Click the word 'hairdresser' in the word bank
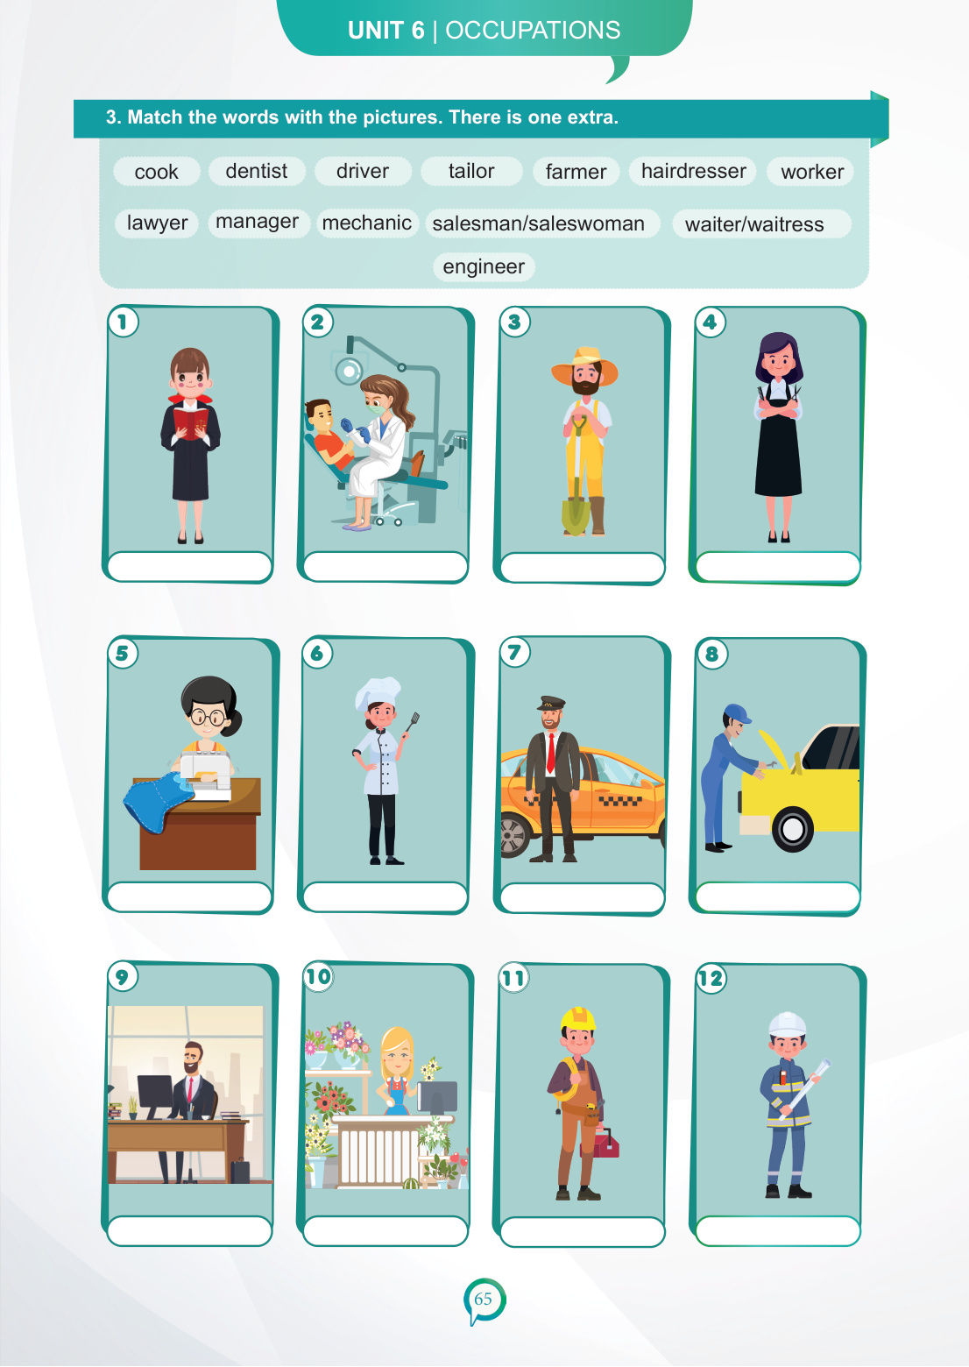tap(693, 171)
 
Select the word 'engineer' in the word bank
tap(484, 266)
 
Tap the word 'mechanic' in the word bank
tap(367, 223)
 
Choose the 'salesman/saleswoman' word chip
tap(538, 223)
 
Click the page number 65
tap(484, 1298)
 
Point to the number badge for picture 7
tap(514, 652)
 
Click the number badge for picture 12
tap(711, 978)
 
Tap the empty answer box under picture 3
tap(582, 568)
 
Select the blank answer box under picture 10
tap(385, 1230)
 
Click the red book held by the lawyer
tap(190, 422)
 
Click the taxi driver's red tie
tap(551, 753)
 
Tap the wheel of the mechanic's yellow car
tap(792, 829)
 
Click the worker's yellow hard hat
tap(577, 1020)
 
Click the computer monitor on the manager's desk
tap(155, 1095)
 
